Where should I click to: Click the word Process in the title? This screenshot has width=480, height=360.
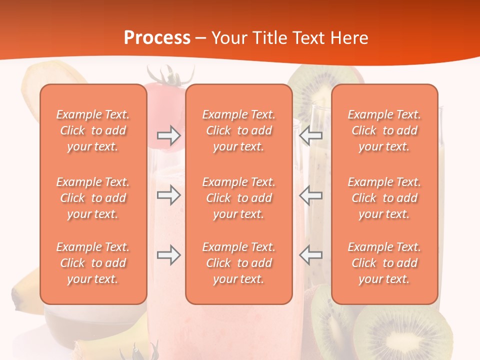point(157,38)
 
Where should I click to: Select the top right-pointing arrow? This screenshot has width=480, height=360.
point(169,135)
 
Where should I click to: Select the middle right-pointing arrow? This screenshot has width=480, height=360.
point(169,195)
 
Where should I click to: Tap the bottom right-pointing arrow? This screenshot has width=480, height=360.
point(169,255)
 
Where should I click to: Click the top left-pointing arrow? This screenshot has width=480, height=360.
point(310,135)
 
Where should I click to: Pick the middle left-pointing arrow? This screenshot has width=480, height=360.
point(310,195)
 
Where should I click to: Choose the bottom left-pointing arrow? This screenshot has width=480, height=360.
point(310,255)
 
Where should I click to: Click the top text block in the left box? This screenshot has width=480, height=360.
point(93,130)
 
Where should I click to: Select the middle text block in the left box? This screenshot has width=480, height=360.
point(93,198)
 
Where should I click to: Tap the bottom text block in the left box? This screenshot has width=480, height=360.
point(93,263)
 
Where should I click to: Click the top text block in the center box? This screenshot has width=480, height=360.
point(239,130)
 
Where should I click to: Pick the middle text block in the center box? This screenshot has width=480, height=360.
point(239,198)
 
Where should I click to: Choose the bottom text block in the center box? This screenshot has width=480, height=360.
point(239,263)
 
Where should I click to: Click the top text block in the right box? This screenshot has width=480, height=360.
point(384,130)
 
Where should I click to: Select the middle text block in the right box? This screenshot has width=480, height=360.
point(384,198)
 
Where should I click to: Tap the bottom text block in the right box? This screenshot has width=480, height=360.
point(384,263)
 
